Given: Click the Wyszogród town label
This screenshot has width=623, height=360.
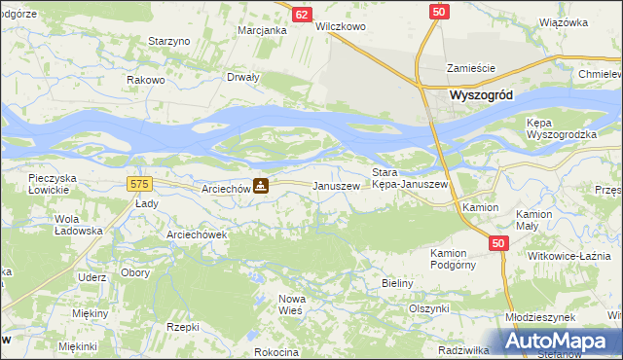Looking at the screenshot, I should point(482,95).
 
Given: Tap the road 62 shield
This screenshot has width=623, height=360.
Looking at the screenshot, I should point(302,15).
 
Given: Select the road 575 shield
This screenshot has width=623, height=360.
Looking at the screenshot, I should point(137,183).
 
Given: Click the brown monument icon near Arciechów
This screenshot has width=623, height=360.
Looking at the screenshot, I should point(261,186).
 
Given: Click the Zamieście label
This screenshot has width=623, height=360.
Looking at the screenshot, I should point(471,68).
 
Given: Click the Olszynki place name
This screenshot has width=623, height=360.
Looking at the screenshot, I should point(428,308).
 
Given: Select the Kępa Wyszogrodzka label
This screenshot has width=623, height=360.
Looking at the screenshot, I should point(561,129).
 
